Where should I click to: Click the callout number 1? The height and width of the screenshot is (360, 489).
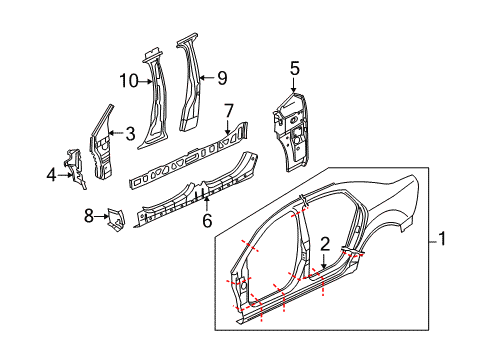[x=442, y=239]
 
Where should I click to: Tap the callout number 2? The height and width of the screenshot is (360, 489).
[x=325, y=244]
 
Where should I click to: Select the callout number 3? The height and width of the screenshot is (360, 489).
[x=130, y=134]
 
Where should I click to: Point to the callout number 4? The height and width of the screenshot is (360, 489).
[x=51, y=175]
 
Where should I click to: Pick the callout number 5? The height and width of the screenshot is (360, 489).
[x=295, y=68]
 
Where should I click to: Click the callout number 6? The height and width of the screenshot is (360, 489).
[x=207, y=221]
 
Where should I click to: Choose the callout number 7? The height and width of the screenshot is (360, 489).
[x=229, y=111]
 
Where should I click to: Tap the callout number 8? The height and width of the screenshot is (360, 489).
[x=88, y=216]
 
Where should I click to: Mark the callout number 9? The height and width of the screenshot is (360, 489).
[x=222, y=78]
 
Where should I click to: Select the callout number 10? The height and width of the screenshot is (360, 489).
[x=129, y=81]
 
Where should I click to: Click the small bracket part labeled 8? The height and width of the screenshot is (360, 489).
[x=115, y=219]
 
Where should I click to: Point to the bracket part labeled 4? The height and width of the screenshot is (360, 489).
[x=76, y=168]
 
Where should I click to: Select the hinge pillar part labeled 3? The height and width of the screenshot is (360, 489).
[x=101, y=142]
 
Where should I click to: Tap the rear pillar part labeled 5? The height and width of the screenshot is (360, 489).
[x=291, y=132]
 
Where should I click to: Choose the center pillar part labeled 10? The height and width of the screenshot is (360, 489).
[x=155, y=100]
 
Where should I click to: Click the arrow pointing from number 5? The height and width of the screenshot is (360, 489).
[x=293, y=84]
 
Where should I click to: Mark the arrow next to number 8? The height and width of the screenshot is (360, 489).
[x=101, y=216]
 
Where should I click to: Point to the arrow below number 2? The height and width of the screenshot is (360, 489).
[x=324, y=261]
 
